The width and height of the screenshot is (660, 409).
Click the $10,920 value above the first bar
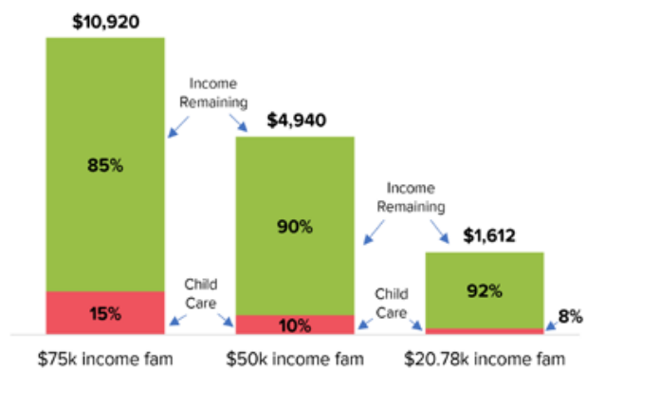(x=105, y=22)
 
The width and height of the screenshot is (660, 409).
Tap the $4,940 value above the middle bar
(x=296, y=121)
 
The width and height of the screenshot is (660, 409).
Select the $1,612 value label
(x=489, y=236)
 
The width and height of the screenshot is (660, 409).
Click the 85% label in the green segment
(x=105, y=165)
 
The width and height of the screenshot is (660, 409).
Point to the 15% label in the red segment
(x=105, y=314)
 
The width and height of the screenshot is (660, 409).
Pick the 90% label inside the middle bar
(x=295, y=227)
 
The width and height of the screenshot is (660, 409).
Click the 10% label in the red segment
(x=295, y=325)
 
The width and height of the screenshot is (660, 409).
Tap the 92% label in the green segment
(x=485, y=291)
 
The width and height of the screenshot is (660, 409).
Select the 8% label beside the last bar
(x=570, y=316)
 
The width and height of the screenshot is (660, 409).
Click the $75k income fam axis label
(x=105, y=360)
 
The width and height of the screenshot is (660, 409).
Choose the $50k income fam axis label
(x=295, y=360)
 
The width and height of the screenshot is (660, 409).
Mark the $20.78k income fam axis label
(x=485, y=360)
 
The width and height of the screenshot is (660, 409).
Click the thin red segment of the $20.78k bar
(x=485, y=331)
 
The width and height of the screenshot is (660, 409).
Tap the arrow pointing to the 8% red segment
(x=551, y=326)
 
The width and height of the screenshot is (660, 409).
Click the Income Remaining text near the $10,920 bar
(x=213, y=93)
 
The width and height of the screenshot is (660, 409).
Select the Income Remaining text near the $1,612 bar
(x=411, y=197)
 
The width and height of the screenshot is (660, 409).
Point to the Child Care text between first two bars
(x=201, y=294)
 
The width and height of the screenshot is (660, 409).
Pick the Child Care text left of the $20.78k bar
(x=392, y=304)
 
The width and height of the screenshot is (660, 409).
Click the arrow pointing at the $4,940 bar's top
(x=239, y=123)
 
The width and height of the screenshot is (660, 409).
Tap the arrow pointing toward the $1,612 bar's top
(x=439, y=232)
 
